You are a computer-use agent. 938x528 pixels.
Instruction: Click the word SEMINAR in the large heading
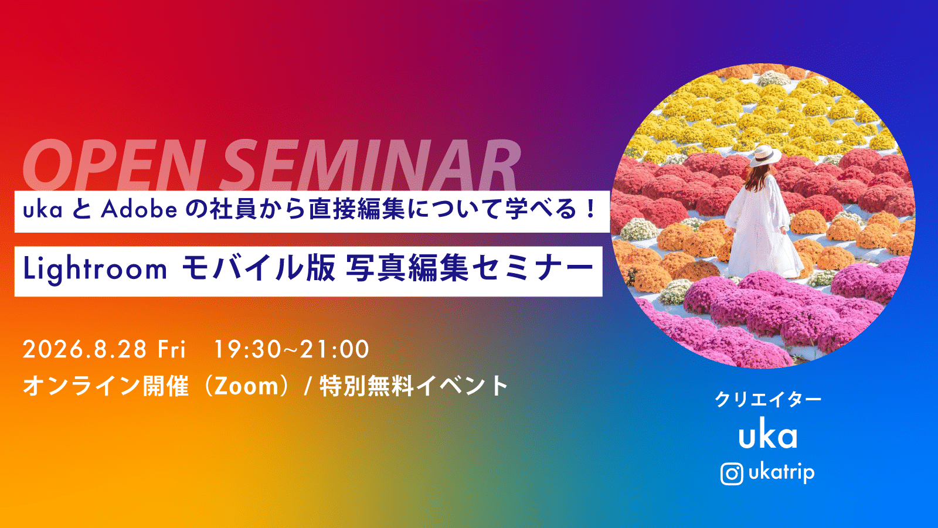(x=370, y=165)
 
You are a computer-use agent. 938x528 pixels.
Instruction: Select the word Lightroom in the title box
(x=95, y=269)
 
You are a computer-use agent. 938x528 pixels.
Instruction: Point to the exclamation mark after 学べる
(x=591, y=209)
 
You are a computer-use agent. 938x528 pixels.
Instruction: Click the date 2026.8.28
(x=84, y=349)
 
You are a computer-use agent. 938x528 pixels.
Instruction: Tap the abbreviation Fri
(x=171, y=349)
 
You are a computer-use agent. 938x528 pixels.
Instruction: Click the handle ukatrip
(x=781, y=473)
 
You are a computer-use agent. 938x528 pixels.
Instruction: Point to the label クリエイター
(x=768, y=399)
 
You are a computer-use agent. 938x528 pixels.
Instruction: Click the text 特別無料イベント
(x=414, y=386)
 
